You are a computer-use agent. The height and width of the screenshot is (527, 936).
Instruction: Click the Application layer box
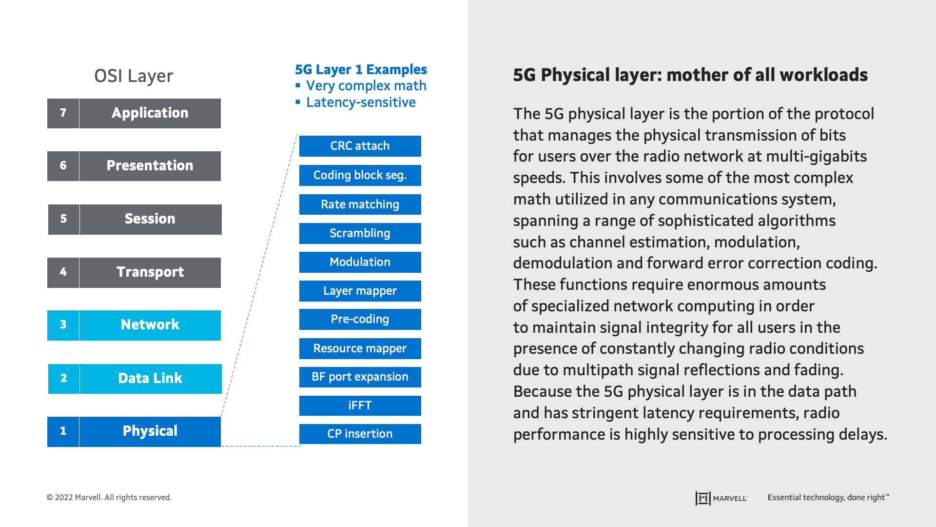point(150,113)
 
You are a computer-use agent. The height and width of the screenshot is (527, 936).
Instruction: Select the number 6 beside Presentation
point(63,166)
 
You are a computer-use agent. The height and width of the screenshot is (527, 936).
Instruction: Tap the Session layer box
point(150,219)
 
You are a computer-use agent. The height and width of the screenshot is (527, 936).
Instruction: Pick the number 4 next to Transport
point(63,272)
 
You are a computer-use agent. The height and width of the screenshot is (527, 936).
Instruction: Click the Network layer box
point(150,325)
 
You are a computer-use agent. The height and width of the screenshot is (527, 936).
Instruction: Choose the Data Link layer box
point(150,379)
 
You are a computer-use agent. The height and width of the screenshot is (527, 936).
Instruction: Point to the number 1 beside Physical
point(63,431)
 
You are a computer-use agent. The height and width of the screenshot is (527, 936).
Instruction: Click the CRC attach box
point(360,146)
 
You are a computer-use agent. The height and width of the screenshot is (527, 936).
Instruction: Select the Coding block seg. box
point(360,175)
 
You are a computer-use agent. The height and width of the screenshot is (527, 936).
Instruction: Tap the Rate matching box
point(360,204)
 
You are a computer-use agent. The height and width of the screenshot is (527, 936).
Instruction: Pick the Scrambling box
point(360,233)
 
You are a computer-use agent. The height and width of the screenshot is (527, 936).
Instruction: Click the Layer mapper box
point(360,291)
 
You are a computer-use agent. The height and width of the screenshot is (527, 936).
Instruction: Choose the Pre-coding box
point(360,319)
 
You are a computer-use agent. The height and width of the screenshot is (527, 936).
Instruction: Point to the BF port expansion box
point(360,377)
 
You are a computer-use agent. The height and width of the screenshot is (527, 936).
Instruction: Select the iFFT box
point(360,405)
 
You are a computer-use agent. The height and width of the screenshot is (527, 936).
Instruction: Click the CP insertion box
point(360,434)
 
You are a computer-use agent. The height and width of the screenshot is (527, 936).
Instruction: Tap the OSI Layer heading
point(134,76)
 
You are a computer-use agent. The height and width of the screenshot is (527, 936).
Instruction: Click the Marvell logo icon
point(702,498)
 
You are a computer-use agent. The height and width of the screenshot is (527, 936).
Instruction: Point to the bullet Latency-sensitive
point(361,102)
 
